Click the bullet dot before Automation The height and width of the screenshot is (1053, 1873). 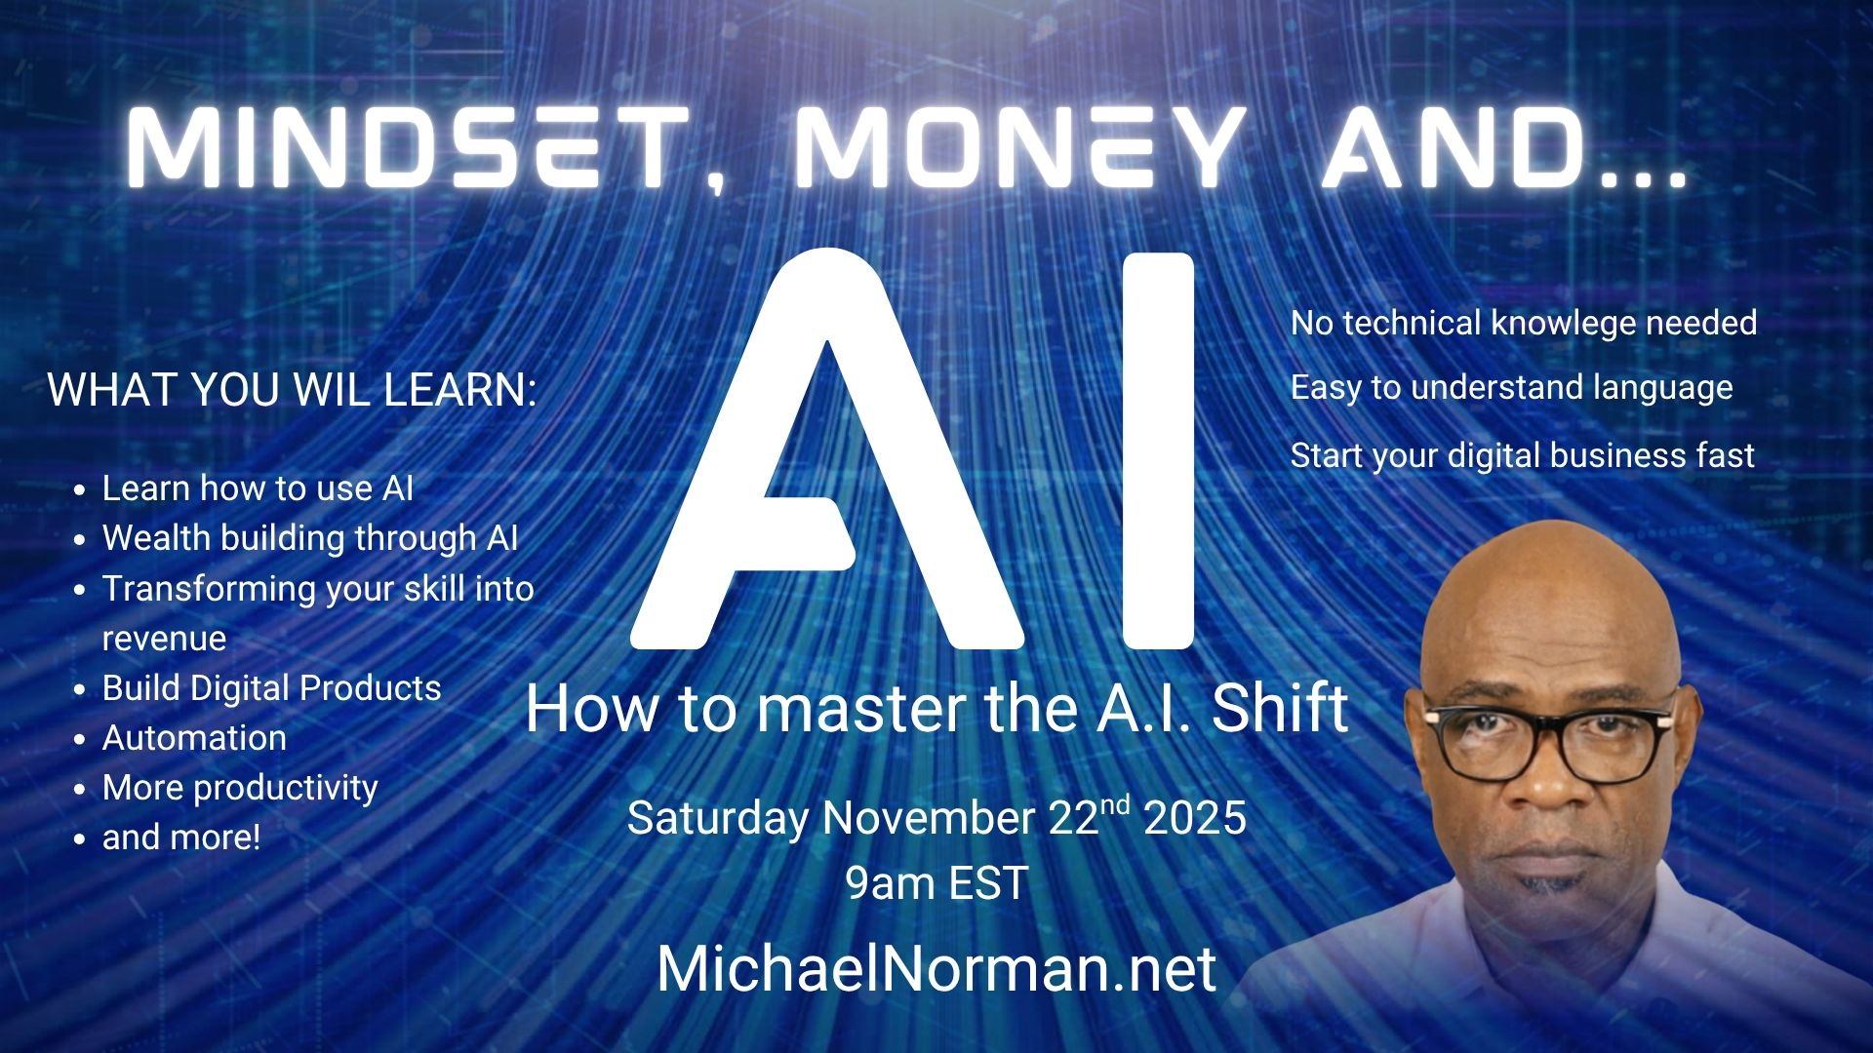point(82,739)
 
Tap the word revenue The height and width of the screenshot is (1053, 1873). point(164,639)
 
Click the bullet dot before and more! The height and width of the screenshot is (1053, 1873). point(82,838)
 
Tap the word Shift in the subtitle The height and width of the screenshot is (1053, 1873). point(1280,709)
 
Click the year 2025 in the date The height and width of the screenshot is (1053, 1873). point(1194,818)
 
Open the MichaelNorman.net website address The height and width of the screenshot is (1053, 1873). point(936,968)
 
